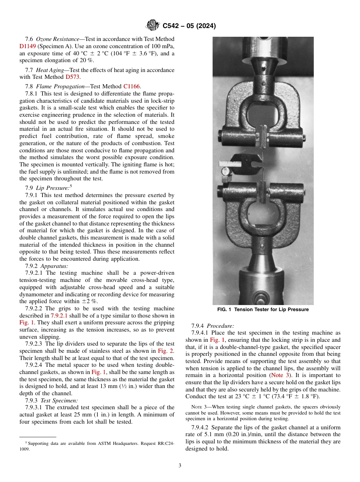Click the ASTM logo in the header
pyautogui.click(x=153, y=26)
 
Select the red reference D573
pyautogui.click(x=73, y=77)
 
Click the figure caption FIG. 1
pyautogui.click(x=263, y=310)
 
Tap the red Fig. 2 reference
pyautogui.click(x=166, y=351)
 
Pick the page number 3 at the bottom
pyautogui.click(x=180, y=466)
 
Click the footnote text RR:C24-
pyautogui.click(x=163, y=443)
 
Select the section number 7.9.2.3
pyautogui.click(x=34, y=344)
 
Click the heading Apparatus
pyautogui.click(x=54, y=266)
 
